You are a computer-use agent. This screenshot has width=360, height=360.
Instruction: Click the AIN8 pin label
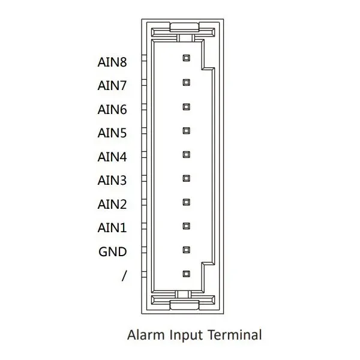click(x=112, y=62)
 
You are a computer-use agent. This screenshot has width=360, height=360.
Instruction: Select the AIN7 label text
click(x=112, y=86)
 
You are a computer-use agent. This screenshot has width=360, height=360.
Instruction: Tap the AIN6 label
click(x=112, y=110)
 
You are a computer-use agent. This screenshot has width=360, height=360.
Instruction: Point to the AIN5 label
click(x=112, y=133)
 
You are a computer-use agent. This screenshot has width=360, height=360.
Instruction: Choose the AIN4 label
click(x=112, y=157)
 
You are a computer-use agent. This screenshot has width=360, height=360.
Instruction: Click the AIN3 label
click(x=112, y=181)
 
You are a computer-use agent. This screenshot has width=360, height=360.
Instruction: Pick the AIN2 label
click(x=112, y=205)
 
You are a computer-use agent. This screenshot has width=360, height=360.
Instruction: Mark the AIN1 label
click(x=112, y=228)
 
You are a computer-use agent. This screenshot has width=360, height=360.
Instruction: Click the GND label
click(x=113, y=251)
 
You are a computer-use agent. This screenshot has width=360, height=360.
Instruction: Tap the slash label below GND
click(x=124, y=276)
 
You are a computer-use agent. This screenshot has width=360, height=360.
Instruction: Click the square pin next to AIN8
click(x=187, y=58)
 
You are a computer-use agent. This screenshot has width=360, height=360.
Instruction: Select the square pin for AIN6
click(x=187, y=107)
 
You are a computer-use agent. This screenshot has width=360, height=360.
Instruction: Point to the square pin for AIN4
click(x=187, y=155)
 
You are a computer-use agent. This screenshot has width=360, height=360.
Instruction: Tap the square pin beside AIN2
click(x=187, y=202)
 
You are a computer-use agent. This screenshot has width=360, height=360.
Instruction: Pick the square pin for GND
click(x=187, y=250)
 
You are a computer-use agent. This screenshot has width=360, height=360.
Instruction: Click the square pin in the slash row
click(x=187, y=274)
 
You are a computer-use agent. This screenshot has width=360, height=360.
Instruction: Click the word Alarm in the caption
click(x=146, y=335)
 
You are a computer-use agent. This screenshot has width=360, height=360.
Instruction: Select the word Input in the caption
click(x=186, y=335)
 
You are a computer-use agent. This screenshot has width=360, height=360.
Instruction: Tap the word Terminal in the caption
click(x=235, y=335)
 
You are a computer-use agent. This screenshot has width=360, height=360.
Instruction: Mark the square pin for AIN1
click(x=187, y=226)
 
